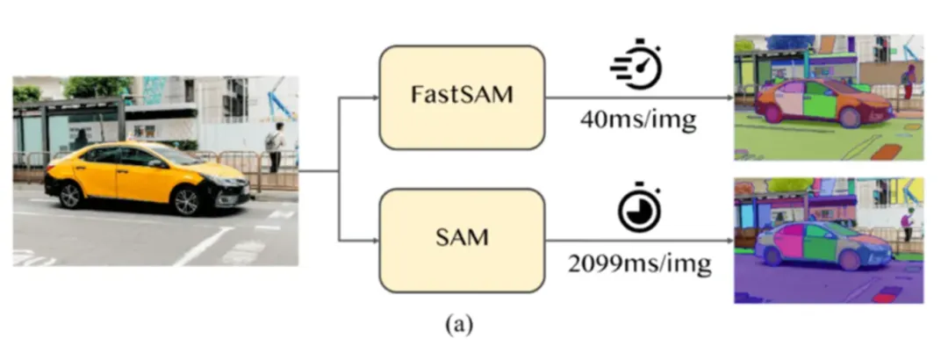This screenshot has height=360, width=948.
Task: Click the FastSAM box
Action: click(x=462, y=97)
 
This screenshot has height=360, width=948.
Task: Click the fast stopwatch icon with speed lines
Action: click(x=636, y=63)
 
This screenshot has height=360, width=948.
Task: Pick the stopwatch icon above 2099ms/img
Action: click(x=638, y=209)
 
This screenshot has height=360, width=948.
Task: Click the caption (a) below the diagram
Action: click(x=459, y=326)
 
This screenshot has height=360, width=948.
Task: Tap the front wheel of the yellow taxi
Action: click(x=187, y=202)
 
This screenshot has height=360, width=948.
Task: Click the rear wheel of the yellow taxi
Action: click(x=70, y=194)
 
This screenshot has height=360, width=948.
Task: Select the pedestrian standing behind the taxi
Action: click(x=276, y=146)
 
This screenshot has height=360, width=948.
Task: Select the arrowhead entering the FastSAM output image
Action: click(x=729, y=97)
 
